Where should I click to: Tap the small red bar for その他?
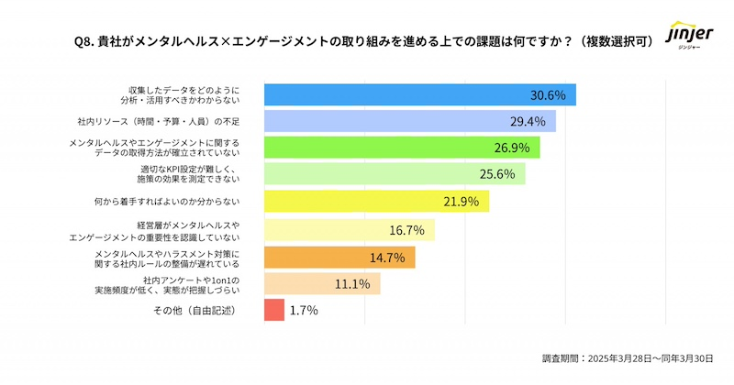pyautogui.click(x=273, y=310)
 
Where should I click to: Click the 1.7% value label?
pyautogui.click(x=304, y=310)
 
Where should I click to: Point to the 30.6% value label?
pyautogui.click(x=549, y=94)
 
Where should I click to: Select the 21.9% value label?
pyautogui.click(x=461, y=202)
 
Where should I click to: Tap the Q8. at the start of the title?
pyautogui.click(x=85, y=39)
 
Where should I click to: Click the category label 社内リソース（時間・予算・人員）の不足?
pyautogui.click(x=158, y=121)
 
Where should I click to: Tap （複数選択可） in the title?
pyautogui.click(x=617, y=39)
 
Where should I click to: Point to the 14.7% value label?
pyautogui.click(x=387, y=257)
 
